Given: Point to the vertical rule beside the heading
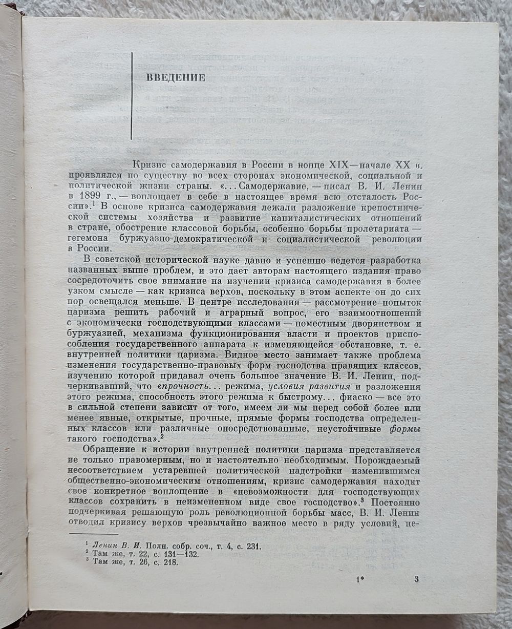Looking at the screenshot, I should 132,96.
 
